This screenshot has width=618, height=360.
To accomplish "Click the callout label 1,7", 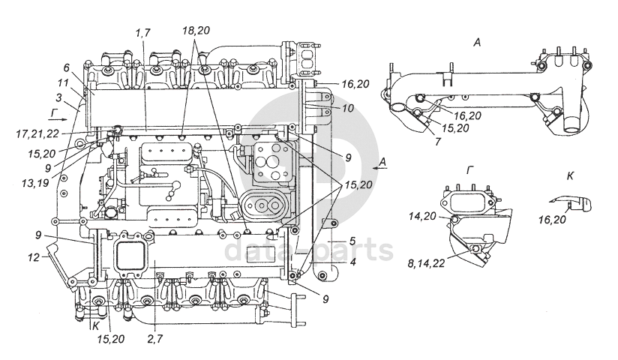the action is (x=142, y=33).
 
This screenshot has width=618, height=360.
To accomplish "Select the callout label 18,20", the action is (x=196, y=30).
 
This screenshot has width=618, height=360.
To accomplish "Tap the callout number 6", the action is (x=66, y=67).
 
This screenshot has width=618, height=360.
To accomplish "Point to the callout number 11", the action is (x=63, y=83).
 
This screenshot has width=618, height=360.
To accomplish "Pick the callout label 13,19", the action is (x=34, y=183).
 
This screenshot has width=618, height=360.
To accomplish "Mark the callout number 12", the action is (x=34, y=257).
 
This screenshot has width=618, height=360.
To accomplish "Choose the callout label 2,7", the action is (x=154, y=339).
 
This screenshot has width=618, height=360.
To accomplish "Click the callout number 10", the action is (x=348, y=108).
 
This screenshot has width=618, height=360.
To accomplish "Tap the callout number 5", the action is (x=352, y=241).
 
